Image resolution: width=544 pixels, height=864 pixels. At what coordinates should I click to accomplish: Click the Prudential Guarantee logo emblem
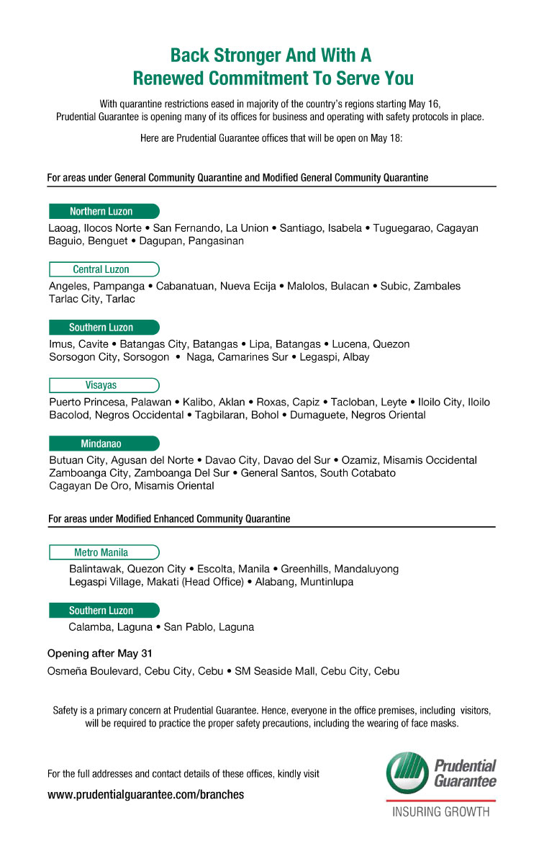(408, 771)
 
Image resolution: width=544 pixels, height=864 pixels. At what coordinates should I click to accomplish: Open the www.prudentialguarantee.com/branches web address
(145, 795)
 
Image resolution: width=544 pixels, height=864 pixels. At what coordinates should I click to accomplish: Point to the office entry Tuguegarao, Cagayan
(426, 228)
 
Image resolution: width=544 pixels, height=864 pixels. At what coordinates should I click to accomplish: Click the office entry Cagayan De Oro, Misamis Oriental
(132, 485)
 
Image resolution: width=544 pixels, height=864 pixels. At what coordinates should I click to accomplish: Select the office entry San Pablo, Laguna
(209, 627)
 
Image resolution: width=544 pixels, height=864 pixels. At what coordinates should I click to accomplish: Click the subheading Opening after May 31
(99, 654)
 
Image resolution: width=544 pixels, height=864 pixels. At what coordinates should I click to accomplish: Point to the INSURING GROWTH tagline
(440, 812)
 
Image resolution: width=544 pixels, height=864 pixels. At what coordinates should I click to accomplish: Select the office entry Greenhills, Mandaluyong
(340, 569)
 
